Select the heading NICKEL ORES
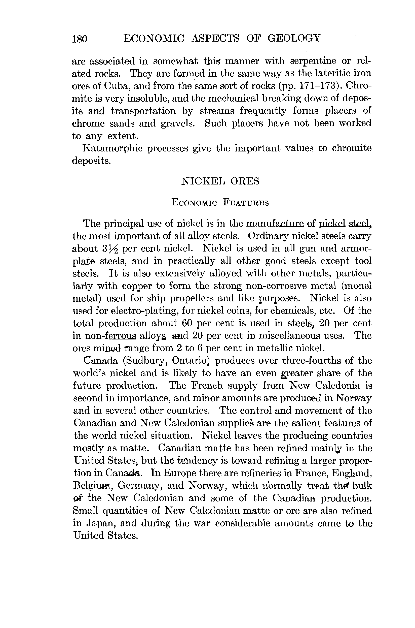[x=220, y=181]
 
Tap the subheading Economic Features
[x=220, y=203]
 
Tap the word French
[x=204, y=386]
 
